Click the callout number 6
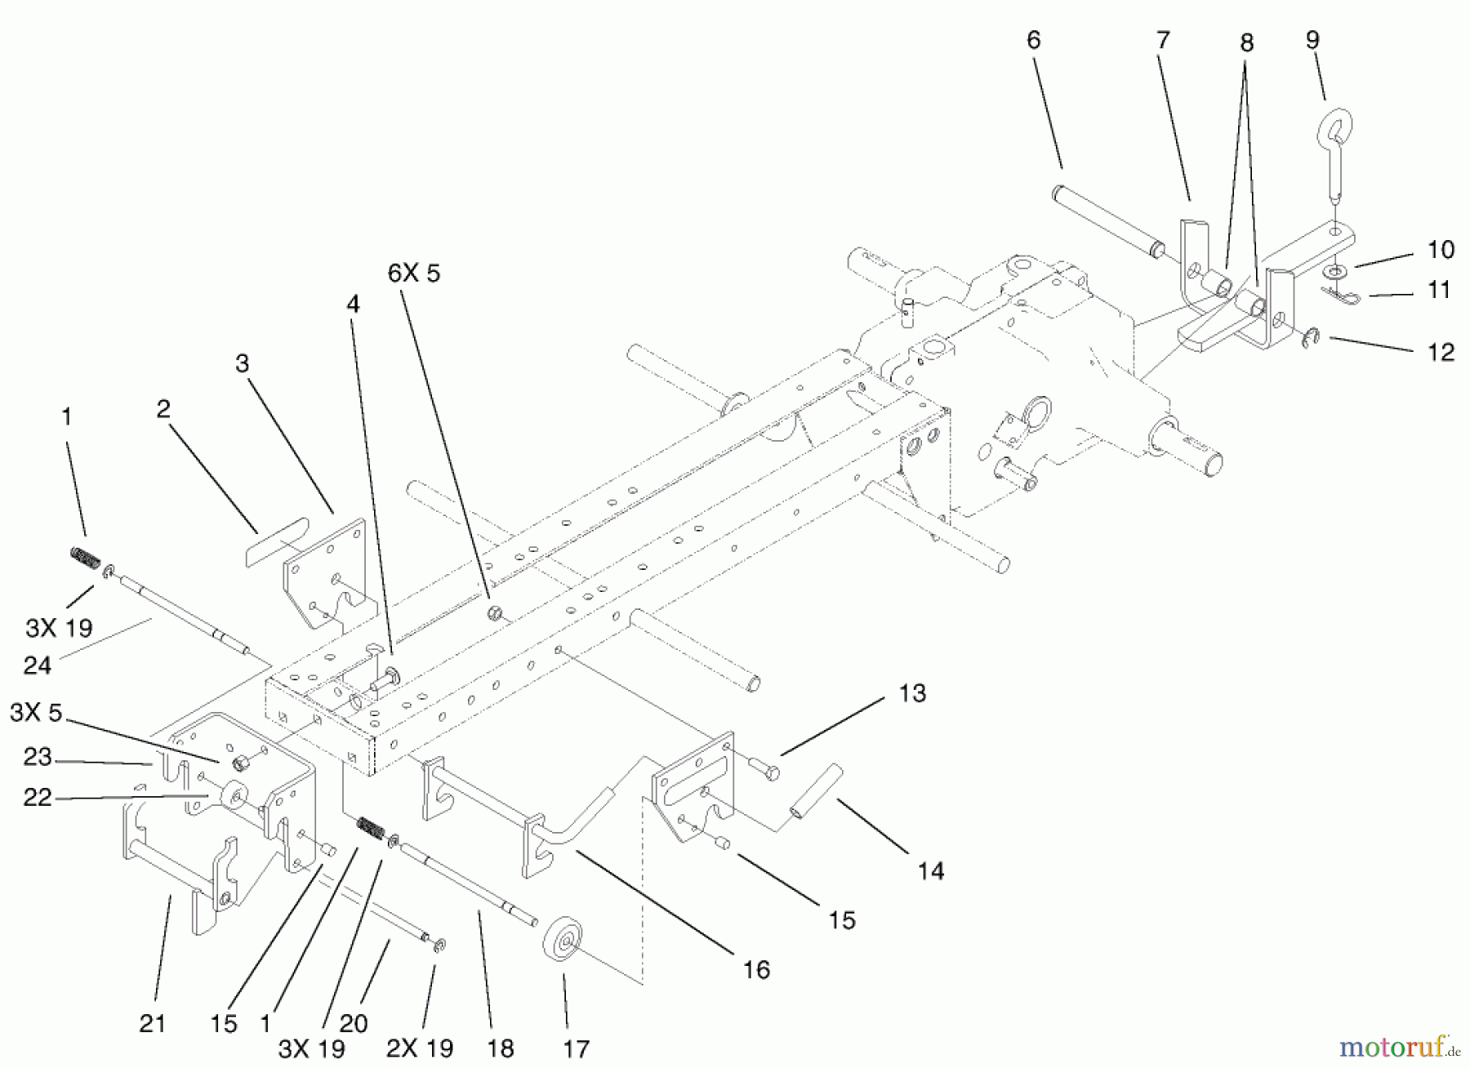click(x=1034, y=40)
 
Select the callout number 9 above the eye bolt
click(x=1312, y=39)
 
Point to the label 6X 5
click(x=413, y=273)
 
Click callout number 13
click(x=912, y=693)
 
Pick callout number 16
click(x=756, y=969)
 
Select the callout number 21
click(x=153, y=1023)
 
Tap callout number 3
click(x=242, y=363)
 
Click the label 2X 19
click(x=419, y=1048)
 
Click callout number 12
click(x=1441, y=352)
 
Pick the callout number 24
click(x=38, y=665)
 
